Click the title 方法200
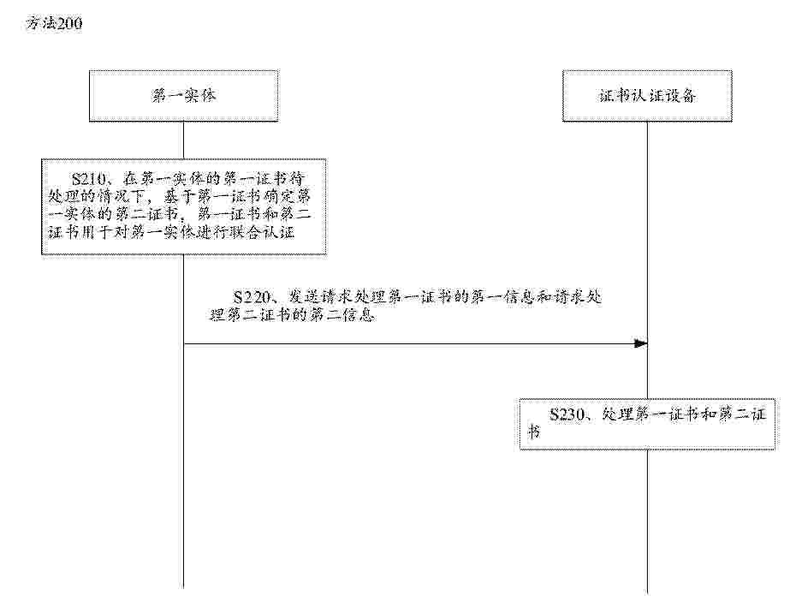[x=55, y=23]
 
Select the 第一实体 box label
[x=184, y=95]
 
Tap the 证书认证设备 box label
[x=647, y=95]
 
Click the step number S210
[x=89, y=178]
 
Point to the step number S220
[x=252, y=296]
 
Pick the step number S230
[x=567, y=414]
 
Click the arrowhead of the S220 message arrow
[x=641, y=343]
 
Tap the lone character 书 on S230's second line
[x=534, y=432]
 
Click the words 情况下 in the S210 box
[x=121, y=196]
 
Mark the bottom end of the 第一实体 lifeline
[x=183, y=587]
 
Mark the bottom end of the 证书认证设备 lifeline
[x=647, y=593]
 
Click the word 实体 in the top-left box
[x=200, y=95]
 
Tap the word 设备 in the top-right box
[x=680, y=95]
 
